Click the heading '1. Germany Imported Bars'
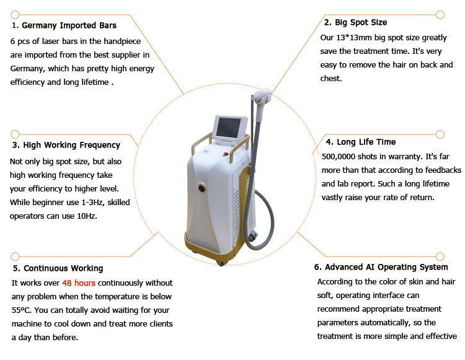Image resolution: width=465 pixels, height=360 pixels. click(64, 25)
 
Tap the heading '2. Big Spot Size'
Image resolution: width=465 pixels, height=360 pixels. click(356, 22)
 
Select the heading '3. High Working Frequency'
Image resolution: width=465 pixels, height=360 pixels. click(66, 145)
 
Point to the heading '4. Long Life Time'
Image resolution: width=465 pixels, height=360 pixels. click(361, 142)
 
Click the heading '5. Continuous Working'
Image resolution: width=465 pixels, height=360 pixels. click(58, 268)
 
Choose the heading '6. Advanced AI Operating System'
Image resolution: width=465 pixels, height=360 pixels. click(381, 267)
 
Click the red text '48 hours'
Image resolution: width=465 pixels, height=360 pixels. click(79, 283)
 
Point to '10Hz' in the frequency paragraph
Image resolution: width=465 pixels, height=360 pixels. click(87, 216)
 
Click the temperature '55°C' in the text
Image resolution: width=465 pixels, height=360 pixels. click(21, 310)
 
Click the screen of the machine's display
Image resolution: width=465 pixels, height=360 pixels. click(229, 128)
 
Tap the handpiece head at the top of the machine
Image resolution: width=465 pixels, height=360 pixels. click(262, 96)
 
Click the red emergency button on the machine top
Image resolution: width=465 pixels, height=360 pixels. click(226, 154)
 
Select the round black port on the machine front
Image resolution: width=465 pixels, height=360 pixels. click(202, 188)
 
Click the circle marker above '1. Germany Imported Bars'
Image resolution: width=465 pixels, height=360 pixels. click(15, 14)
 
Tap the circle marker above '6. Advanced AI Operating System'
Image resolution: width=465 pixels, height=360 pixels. click(440, 257)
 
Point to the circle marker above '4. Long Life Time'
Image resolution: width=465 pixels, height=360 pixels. click(440, 134)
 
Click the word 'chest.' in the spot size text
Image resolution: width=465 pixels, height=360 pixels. click(331, 79)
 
